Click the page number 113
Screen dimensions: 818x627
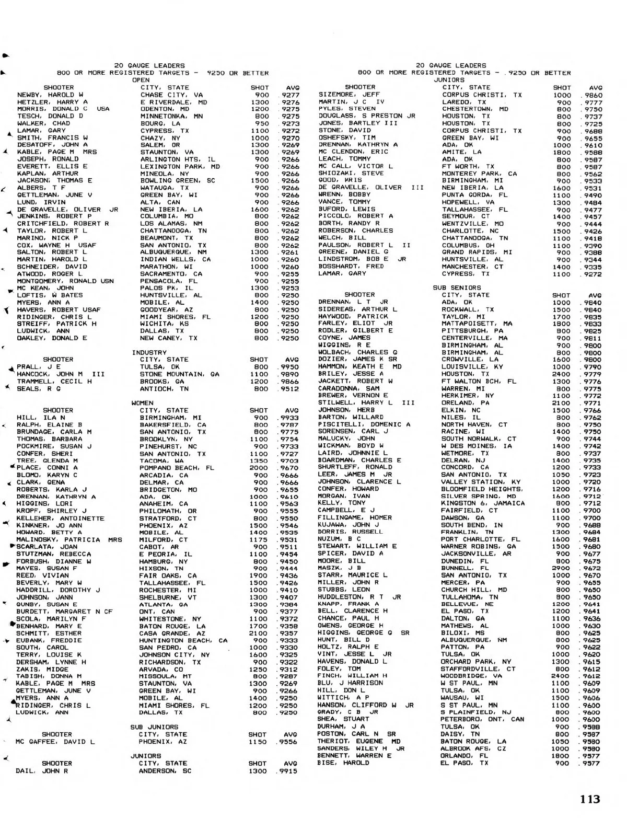(590, 799)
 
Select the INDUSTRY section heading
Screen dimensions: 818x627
(149, 352)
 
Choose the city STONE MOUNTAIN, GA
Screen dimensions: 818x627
(179, 374)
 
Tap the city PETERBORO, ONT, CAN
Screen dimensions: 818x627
(482, 719)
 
